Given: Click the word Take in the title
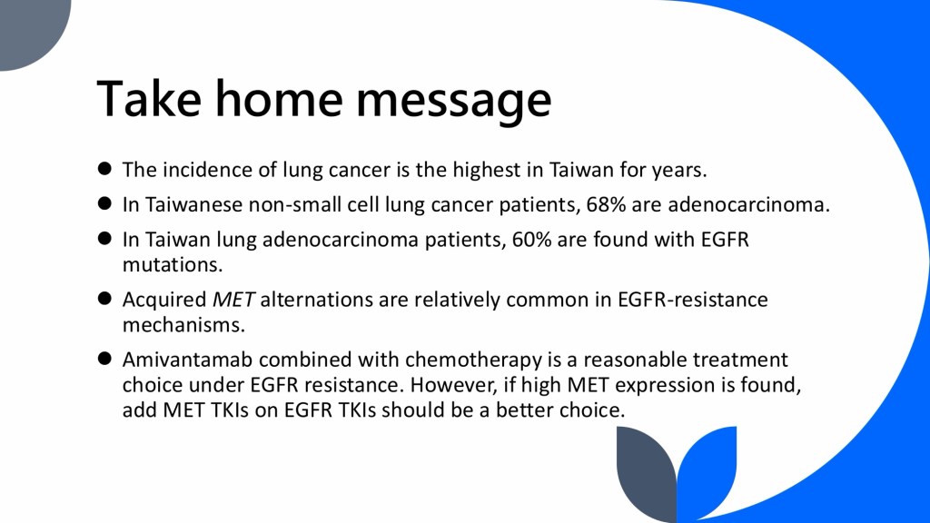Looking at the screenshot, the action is pyautogui.click(x=149, y=98).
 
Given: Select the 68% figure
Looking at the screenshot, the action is pyautogui.click(x=606, y=204).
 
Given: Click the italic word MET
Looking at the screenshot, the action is pyautogui.click(x=233, y=300).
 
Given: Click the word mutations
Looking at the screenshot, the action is pyautogui.click(x=173, y=264).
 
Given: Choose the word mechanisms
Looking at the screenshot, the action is pyautogui.click(x=183, y=325).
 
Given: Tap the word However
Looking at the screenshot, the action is pyautogui.click(x=454, y=385).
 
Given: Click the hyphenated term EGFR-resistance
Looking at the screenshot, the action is pyautogui.click(x=693, y=300).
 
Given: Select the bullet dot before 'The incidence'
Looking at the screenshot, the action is pyautogui.click(x=105, y=169).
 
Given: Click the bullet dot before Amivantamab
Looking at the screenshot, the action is pyautogui.click(x=105, y=359).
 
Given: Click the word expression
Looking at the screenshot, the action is pyautogui.click(x=665, y=386).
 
